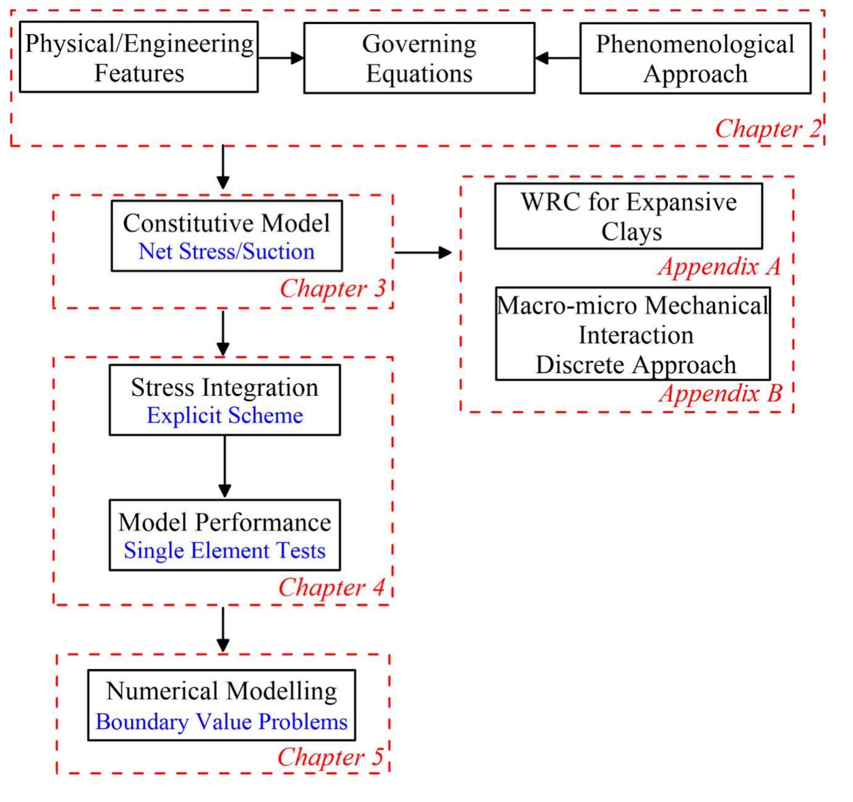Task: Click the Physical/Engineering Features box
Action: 138,57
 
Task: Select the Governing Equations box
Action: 419,58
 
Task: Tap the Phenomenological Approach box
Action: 695,58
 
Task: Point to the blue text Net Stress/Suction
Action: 226,251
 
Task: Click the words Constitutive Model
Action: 226,223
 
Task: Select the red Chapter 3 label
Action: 333,288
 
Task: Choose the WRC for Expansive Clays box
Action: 629,216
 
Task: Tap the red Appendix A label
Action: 719,266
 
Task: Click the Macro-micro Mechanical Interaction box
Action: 633,334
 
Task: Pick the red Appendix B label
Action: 720,393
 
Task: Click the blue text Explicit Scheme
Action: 224,415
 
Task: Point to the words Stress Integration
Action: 224,387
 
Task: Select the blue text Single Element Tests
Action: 224,550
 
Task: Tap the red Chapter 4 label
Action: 331,587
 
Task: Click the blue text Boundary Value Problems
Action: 221,721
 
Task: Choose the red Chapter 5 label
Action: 330,757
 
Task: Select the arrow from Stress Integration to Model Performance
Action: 225,467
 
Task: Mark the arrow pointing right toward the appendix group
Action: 423,252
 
